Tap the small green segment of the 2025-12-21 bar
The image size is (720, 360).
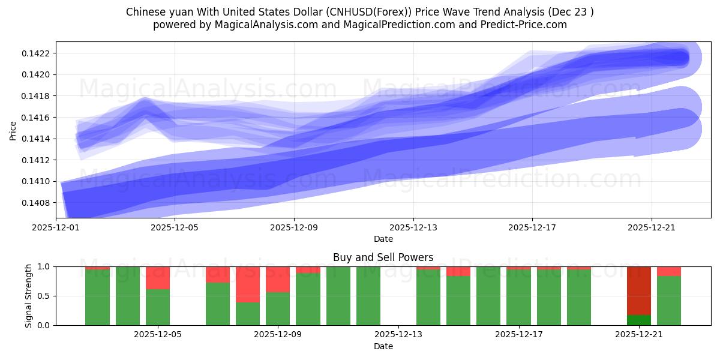click(x=638, y=320)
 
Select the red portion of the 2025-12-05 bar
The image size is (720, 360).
click(x=158, y=278)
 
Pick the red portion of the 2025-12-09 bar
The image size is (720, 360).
click(x=278, y=280)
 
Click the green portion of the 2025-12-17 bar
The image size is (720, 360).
click(x=518, y=298)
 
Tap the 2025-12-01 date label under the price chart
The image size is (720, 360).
click(x=56, y=227)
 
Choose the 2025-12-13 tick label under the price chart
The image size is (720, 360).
click(x=413, y=227)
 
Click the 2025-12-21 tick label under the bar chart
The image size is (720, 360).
click(x=638, y=335)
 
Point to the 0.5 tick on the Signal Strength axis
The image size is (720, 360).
click(x=46, y=296)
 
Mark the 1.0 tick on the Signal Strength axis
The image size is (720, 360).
click(x=46, y=266)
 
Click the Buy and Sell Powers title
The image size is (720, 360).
click(x=383, y=257)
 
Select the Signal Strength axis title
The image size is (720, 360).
click(x=28, y=296)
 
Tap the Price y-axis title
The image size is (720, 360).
click(x=13, y=130)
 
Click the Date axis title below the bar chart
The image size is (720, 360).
click(x=383, y=346)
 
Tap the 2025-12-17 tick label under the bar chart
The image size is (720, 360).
click(x=518, y=335)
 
